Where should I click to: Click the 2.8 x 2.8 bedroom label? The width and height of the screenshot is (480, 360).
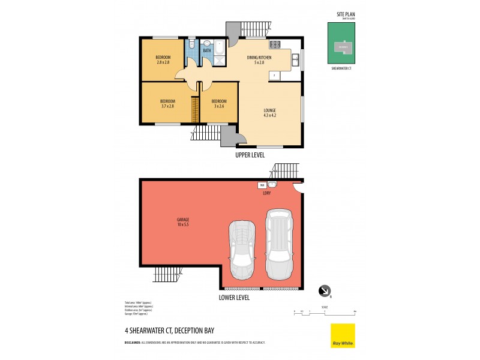point(163,59)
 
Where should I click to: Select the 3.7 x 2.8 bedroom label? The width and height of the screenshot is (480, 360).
point(167,103)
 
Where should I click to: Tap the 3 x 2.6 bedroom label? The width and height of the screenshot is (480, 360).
point(218,103)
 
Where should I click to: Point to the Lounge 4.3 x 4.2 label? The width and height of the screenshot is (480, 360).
point(270,113)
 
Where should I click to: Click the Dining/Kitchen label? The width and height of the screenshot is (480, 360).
point(259,59)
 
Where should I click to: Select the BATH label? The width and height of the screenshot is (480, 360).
point(206,51)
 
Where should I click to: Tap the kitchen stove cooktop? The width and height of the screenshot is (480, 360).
point(275,44)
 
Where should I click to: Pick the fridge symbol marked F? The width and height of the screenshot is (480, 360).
point(274,76)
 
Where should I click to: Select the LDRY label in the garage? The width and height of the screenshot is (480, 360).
point(267,193)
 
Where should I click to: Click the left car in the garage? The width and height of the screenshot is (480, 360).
point(241,249)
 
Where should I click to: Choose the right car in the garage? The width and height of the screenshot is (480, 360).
point(279,243)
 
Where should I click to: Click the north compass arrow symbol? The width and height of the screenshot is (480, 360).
point(325,291)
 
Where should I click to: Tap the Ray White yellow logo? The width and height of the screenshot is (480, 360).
point(343,335)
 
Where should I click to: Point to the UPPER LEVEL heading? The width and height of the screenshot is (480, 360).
point(250,155)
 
